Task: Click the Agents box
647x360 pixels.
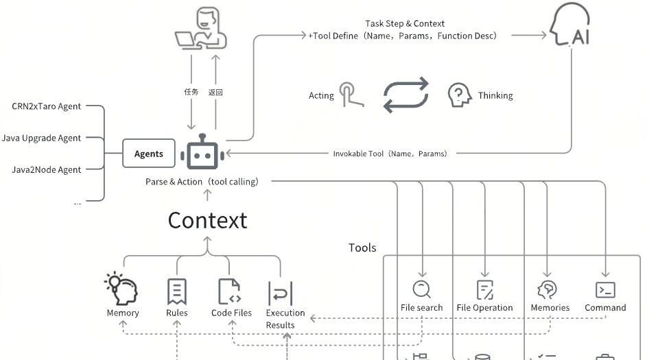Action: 149,154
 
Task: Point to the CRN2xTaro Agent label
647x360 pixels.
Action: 46,106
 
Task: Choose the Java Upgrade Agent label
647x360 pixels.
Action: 41,138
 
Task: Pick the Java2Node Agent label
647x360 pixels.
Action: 46,169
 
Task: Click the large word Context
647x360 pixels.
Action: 207,220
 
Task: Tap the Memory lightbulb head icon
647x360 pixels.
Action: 122,289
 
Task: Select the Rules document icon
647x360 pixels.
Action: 176,291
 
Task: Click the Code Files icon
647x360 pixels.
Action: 230,291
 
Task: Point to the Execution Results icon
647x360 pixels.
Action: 280,293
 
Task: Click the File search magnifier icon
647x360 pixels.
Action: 421,289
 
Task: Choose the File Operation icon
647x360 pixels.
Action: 484,290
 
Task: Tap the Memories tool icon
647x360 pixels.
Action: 548,289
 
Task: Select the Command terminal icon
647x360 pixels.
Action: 605,289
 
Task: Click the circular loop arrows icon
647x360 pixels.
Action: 405,95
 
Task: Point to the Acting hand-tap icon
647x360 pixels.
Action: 351,95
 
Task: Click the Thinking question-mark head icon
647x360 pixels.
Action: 458,95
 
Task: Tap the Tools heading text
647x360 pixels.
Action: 362,248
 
